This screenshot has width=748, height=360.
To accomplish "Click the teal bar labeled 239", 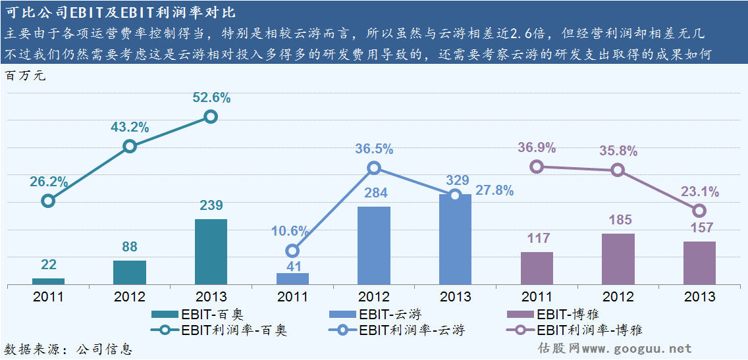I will point(211,251).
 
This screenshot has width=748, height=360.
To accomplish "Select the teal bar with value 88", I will point(130,272).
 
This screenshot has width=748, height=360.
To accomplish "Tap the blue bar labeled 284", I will point(374,245).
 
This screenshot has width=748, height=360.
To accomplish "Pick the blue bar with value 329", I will point(455,240).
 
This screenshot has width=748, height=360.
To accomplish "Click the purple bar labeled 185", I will point(618,259).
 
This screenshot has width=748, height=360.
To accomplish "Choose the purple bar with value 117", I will point(537,268).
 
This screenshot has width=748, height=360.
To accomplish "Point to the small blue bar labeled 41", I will point(292,278).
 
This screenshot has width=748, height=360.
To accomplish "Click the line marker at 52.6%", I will point(211,116).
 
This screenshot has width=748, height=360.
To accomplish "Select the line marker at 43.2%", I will point(130,146).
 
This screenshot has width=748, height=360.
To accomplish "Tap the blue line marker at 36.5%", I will point(374,168).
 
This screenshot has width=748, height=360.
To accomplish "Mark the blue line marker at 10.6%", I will point(292,251).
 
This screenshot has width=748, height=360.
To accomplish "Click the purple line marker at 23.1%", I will point(699,211).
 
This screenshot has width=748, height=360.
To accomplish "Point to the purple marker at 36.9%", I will point(537,167).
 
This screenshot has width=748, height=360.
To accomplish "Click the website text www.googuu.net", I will point(637,348).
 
